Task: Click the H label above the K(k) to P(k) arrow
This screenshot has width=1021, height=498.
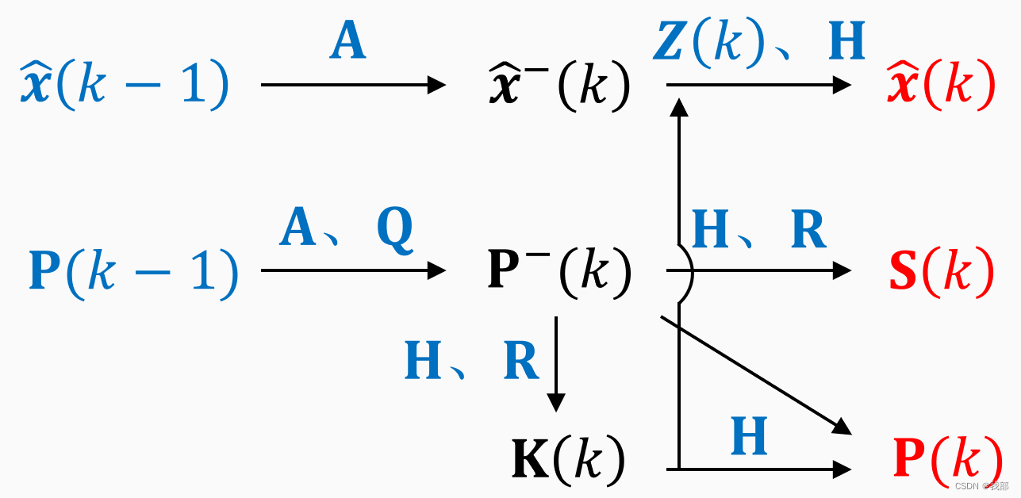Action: point(749,435)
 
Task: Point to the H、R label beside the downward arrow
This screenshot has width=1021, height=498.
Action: point(472,361)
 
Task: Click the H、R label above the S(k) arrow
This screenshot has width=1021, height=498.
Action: point(758,231)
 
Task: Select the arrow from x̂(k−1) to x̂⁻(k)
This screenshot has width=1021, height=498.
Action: point(353,84)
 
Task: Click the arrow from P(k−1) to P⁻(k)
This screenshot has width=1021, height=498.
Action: point(353,271)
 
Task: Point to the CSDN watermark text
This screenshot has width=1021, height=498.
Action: point(981,485)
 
